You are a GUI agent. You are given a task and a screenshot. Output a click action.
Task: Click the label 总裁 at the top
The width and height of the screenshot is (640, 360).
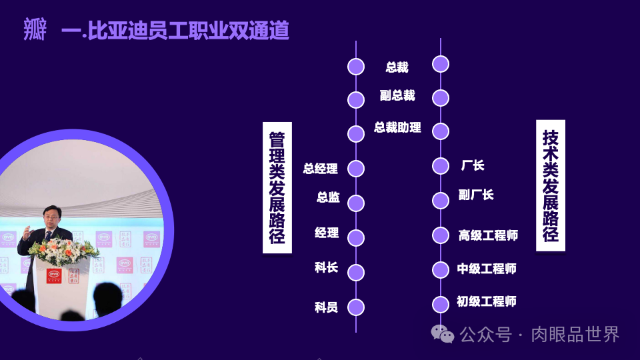point(397,67)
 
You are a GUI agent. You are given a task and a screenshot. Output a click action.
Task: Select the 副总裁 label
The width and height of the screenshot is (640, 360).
point(397,96)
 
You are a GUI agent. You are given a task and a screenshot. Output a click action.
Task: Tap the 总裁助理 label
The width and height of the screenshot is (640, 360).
point(397,127)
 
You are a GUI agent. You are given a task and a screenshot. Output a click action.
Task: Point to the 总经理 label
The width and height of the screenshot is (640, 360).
point(321,169)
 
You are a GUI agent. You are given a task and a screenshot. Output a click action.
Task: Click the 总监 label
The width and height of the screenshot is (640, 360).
point(328,197)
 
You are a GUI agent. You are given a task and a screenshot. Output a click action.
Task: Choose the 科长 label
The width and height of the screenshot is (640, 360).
point(327,267)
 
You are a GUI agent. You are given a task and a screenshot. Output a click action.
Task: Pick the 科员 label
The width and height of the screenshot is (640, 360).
point(327,307)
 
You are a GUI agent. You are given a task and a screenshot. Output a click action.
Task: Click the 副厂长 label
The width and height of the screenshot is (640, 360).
point(476,195)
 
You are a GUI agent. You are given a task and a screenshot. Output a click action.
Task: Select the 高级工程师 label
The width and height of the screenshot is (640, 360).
point(488,235)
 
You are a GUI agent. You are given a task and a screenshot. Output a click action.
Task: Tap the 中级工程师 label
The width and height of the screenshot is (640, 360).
point(487,269)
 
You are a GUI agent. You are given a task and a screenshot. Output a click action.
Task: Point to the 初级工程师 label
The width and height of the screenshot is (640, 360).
point(487,301)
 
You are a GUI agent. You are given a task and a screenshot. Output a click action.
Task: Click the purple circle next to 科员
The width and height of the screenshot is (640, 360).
point(356,307)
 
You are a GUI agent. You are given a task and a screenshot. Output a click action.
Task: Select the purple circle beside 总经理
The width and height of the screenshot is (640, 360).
point(356,169)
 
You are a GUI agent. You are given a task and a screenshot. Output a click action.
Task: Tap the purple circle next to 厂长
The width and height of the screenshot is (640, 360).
point(440,166)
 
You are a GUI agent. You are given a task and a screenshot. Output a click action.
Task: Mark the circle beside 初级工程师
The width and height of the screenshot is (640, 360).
point(440,304)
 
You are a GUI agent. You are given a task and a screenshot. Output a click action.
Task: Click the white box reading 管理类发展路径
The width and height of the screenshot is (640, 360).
point(277,187)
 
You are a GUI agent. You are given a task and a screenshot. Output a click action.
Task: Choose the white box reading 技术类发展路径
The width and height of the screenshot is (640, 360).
point(551,186)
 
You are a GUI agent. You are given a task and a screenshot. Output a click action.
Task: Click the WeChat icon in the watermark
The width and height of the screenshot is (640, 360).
point(442,333)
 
